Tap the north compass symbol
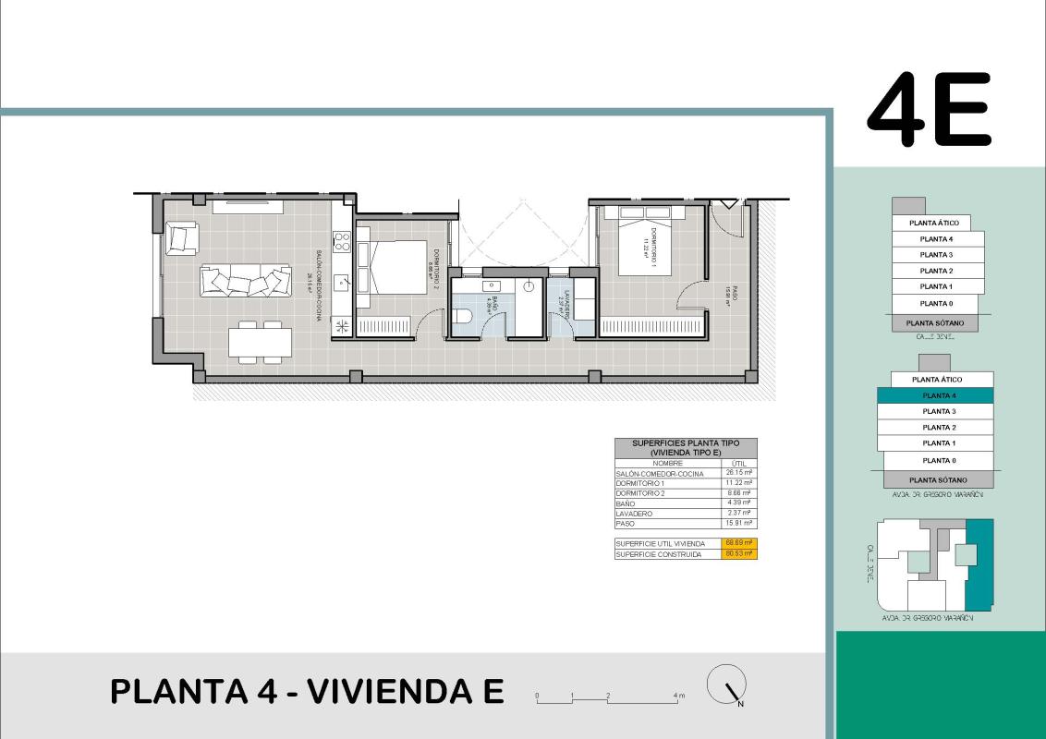click(726, 685)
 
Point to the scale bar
click(609, 699)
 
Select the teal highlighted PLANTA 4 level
click(935, 395)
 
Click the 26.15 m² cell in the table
click(739, 473)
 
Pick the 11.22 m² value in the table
click(739, 483)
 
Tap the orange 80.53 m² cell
click(739, 554)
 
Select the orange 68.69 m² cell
click(739, 543)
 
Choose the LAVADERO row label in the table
click(634, 514)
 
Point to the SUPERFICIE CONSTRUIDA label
click(660, 554)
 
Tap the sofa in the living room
click(246, 280)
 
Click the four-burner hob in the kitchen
click(342, 242)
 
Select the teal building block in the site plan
click(979, 563)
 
